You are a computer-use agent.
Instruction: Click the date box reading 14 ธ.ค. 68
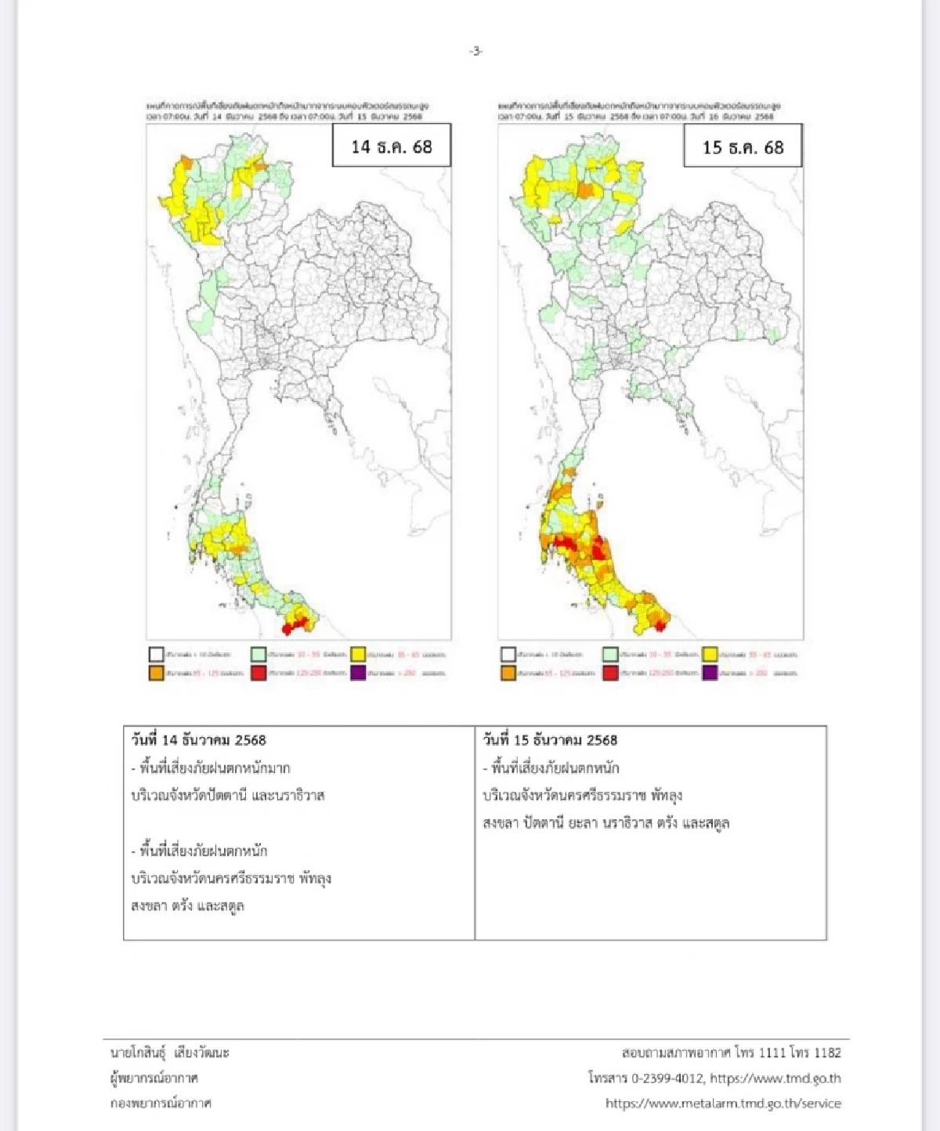tap(391, 146)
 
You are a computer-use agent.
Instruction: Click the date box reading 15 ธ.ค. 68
tap(743, 147)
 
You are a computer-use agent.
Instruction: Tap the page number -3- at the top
tap(475, 52)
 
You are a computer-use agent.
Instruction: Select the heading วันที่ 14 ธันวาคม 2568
tap(199, 740)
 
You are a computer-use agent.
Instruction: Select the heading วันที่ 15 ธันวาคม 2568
tap(550, 740)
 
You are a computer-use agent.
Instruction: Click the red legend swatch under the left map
tap(258, 673)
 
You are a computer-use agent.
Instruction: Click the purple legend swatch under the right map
tap(710, 673)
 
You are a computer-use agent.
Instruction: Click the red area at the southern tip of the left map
tap(294, 627)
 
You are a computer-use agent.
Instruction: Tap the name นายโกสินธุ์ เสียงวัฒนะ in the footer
tap(170, 1053)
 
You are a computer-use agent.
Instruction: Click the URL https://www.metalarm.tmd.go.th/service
tap(723, 1104)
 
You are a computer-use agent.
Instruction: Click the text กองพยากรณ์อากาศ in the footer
tap(161, 1104)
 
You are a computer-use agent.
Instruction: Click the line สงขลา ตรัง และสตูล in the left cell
tap(188, 906)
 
